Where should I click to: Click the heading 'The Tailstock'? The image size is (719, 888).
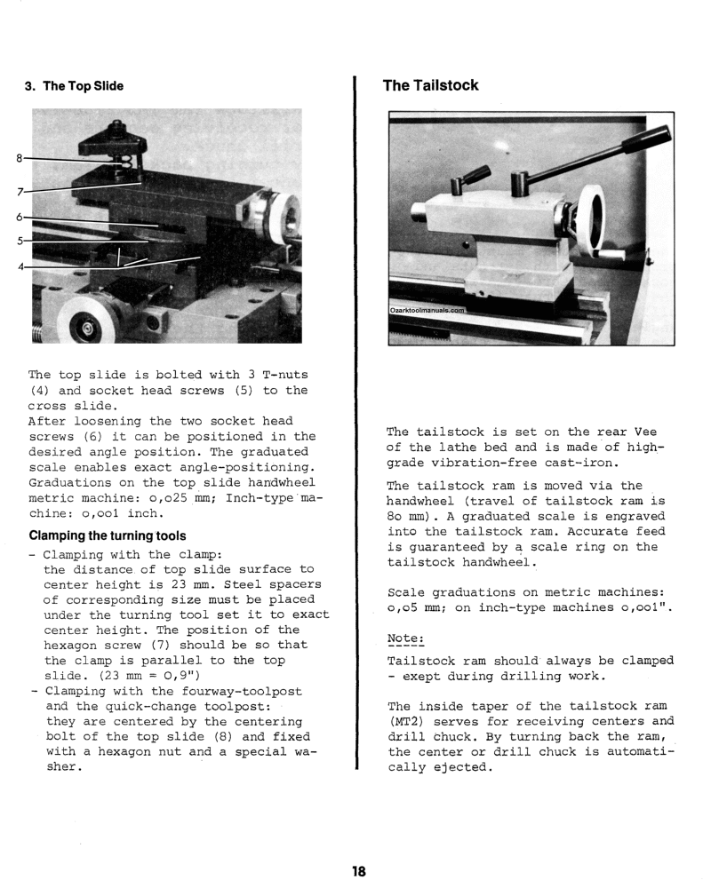[430, 85]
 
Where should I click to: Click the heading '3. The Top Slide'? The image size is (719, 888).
[74, 86]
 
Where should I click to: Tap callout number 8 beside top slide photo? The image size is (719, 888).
[19, 159]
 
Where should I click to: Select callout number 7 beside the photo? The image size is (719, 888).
[19, 190]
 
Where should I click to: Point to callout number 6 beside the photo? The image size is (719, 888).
[19, 217]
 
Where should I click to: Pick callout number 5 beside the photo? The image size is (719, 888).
[19, 240]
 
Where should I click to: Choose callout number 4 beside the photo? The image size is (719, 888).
[19, 265]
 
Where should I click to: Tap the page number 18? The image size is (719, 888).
[358, 871]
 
